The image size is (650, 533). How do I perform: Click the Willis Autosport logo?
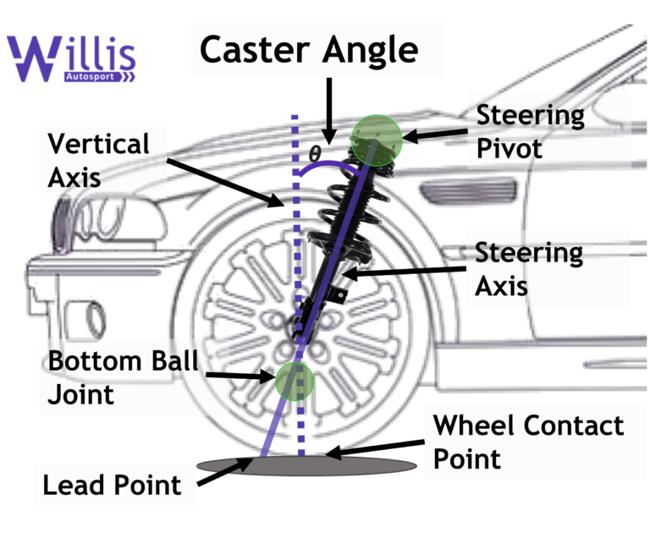click(x=71, y=59)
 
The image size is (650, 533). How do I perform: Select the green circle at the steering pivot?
click(x=376, y=139)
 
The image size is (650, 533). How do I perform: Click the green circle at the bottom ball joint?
click(x=294, y=380)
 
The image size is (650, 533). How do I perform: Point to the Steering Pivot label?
click(x=530, y=132)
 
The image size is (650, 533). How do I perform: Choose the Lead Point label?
click(x=112, y=486)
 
